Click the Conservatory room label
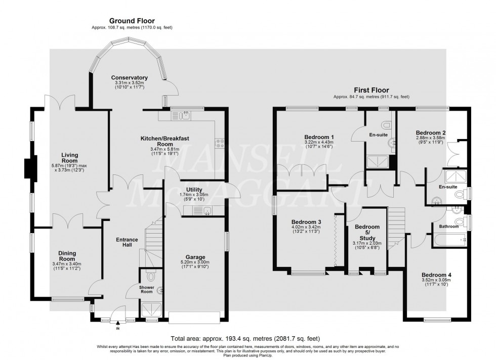[x=130, y=77]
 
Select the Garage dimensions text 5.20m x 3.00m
[x=195, y=262]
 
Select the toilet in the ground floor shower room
[x=150, y=277]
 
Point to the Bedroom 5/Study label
[x=367, y=232]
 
